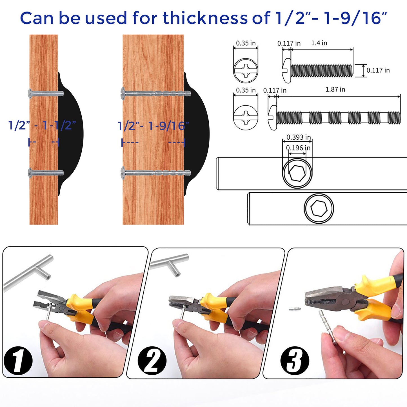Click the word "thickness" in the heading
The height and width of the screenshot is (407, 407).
pos(205,18)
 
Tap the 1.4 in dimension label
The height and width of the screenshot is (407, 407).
pos(319,43)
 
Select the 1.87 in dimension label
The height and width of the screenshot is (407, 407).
pos(335,89)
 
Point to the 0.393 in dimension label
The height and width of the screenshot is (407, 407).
pos(299,137)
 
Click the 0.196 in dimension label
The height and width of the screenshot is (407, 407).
pos(298,148)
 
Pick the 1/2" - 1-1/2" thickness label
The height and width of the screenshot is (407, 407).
pos(42,125)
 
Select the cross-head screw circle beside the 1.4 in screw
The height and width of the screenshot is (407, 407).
pos(246,70)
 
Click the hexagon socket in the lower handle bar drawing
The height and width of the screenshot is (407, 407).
pos(319,208)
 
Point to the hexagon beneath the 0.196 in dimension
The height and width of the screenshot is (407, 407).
pos(297,173)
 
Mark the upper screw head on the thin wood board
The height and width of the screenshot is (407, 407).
pos(30,94)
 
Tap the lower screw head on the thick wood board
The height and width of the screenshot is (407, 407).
pos(123,173)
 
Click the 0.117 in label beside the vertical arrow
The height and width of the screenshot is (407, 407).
pos(378,70)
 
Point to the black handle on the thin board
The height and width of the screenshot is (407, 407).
pos(70,134)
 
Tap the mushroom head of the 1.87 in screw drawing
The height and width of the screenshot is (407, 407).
pos(272,118)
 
